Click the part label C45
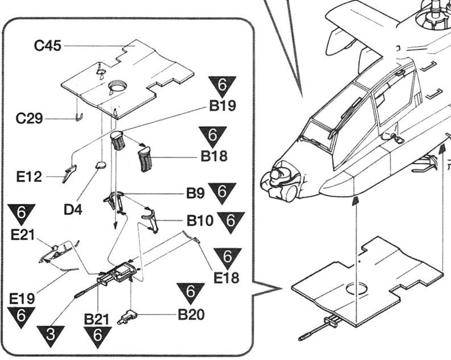point(48,46)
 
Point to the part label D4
point(73,209)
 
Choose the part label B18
point(214,156)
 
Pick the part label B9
point(195,193)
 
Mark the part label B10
point(200,220)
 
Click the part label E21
point(23,234)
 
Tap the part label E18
point(226,277)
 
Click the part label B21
point(97,320)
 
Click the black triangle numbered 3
point(51,336)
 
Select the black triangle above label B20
point(191,293)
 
